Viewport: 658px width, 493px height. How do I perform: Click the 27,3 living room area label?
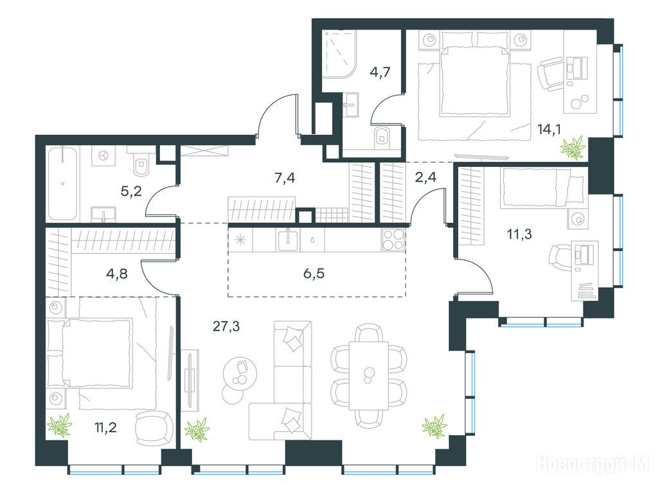point(226,325)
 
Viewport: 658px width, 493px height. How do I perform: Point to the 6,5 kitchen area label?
point(314,273)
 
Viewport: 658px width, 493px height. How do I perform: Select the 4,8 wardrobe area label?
point(117,273)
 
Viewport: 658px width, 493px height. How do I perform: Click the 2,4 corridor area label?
point(425,177)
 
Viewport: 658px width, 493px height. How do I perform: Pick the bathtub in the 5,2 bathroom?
point(63,183)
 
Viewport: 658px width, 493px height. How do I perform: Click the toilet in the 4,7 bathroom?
point(382,135)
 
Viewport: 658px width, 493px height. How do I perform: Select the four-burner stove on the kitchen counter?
point(394,240)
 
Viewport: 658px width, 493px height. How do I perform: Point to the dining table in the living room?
point(369,375)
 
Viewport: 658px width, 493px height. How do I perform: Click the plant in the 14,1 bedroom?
point(574,147)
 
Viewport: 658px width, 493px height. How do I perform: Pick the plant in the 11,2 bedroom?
point(60,425)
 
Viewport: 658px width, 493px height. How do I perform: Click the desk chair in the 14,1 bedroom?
point(551,73)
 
